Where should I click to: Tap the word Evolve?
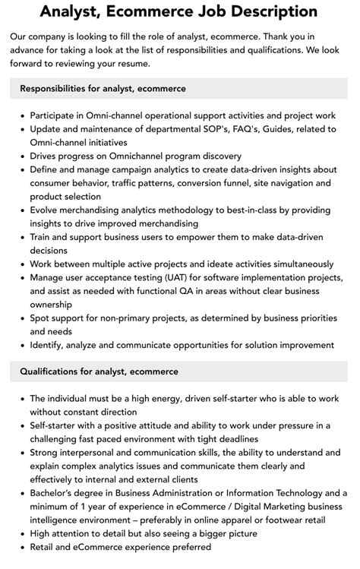[x=45, y=210]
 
